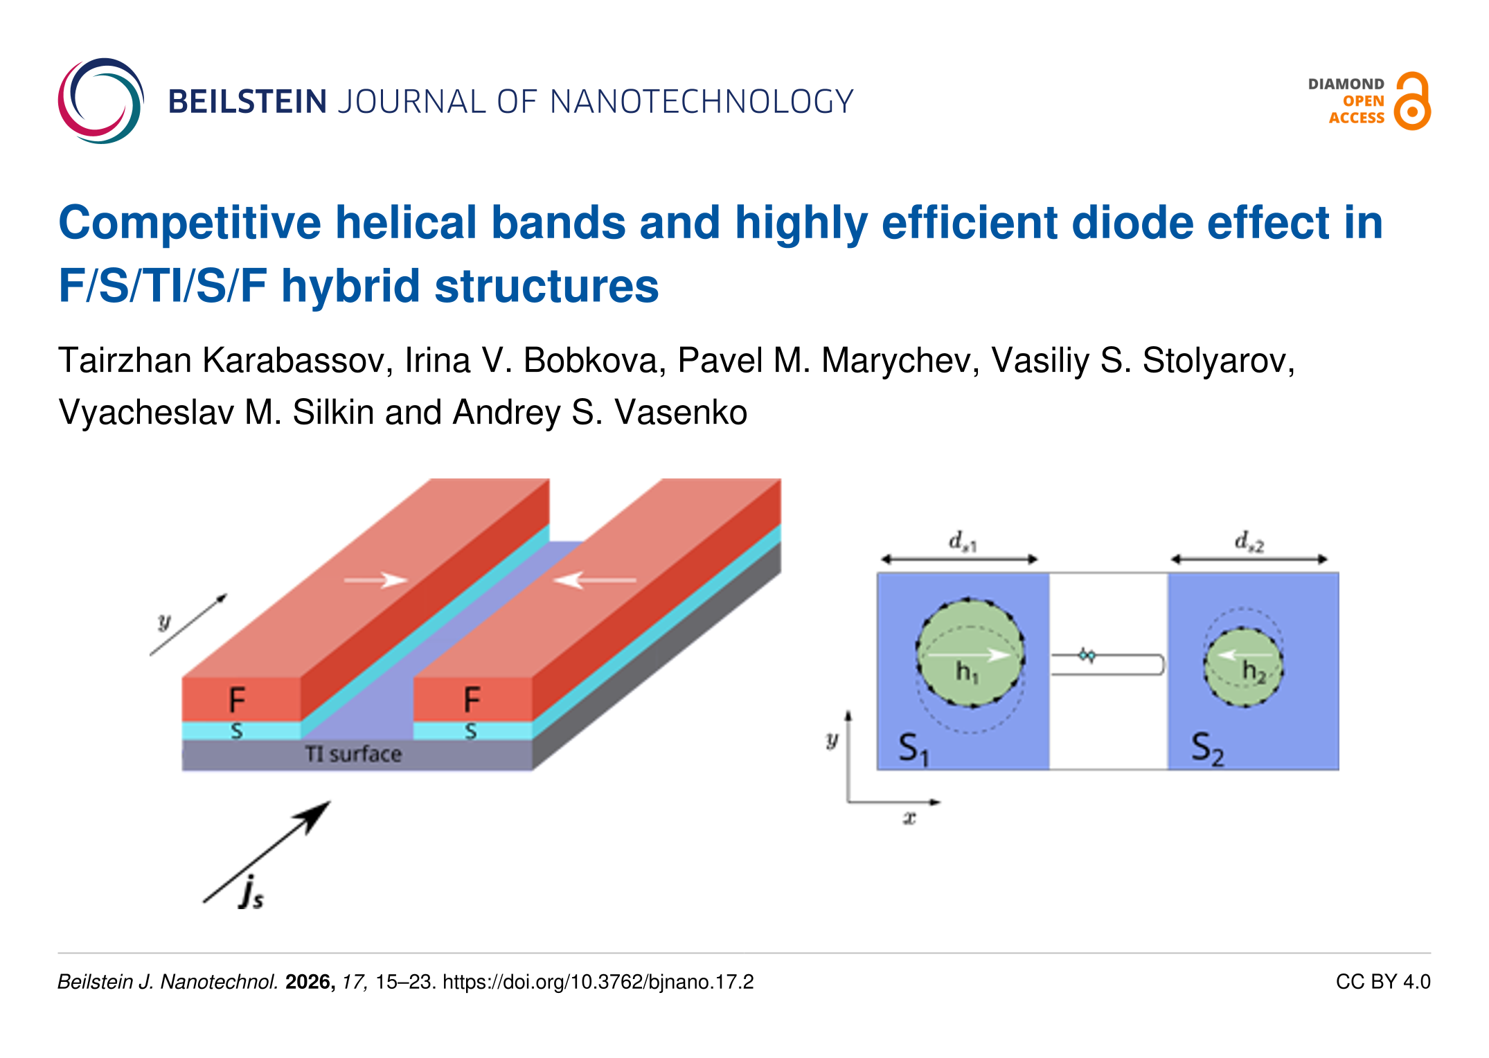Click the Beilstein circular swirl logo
pos(101,101)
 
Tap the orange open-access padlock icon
pos(1413,101)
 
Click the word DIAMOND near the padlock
pos(1346,84)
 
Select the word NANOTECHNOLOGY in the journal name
pos(702,102)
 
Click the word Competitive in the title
pos(190,224)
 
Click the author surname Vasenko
pos(681,413)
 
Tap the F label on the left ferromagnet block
pos(237,700)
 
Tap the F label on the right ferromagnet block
pos(472,700)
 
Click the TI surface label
pos(353,754)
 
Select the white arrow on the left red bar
pos(375,580)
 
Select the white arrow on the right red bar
pos(595,580)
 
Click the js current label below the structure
pos(251,893)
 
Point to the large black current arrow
pos(267,852)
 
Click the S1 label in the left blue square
pos(913,749)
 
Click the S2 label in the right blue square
pos(1208,749)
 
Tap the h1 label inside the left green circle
pos(967,672)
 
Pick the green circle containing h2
pos(1243,667)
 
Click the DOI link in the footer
pos(598,983)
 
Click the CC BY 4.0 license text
pos(1383,982)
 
